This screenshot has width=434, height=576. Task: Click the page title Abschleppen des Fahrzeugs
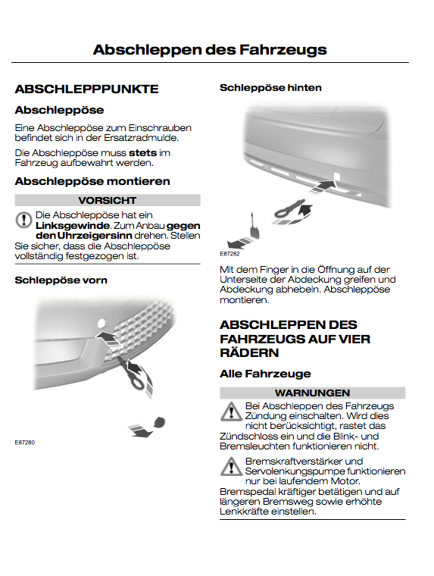210,50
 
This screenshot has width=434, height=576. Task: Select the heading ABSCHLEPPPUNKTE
86,89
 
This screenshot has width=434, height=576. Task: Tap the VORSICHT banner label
108,200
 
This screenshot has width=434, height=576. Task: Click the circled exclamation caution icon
24,220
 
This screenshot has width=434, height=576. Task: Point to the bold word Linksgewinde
73,226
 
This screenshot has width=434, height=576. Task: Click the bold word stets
142,153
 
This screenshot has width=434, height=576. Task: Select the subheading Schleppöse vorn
61,280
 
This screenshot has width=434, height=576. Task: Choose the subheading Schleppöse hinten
270,88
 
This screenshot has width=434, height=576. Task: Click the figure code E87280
24,443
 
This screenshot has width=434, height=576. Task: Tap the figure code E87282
229,253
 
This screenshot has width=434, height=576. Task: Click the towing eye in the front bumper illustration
130,374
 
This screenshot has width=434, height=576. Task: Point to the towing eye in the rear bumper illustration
289,208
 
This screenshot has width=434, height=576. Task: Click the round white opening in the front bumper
101,324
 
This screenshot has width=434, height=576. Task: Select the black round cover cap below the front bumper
160,421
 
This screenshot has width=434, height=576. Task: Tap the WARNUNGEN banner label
313,393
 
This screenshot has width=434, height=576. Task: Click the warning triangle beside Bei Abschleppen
231,412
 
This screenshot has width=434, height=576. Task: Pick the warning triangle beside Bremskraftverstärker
231,467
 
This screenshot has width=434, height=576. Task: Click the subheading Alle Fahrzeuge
265,374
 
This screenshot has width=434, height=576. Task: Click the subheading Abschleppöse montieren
92,181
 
